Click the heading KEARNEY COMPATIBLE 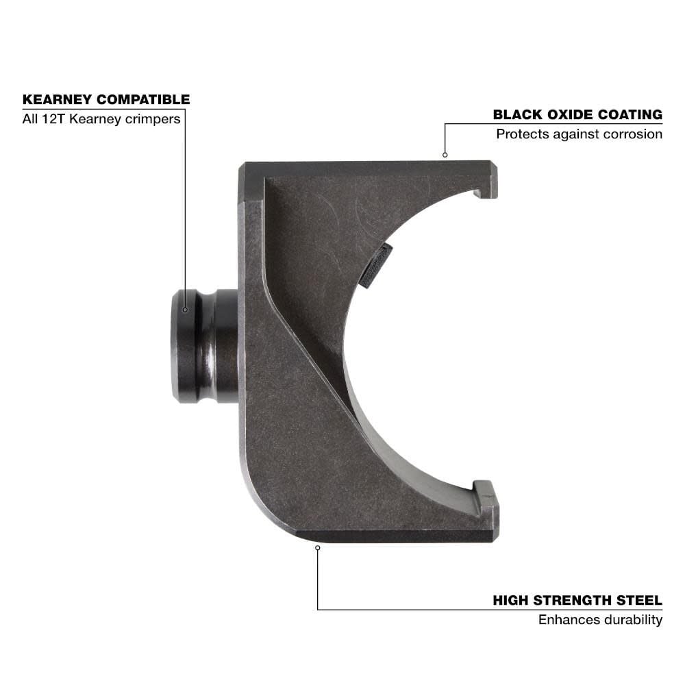106,99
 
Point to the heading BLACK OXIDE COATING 577,114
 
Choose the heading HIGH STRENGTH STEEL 577,601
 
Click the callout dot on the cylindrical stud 185,310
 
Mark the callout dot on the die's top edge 445,155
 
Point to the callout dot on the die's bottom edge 317,547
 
